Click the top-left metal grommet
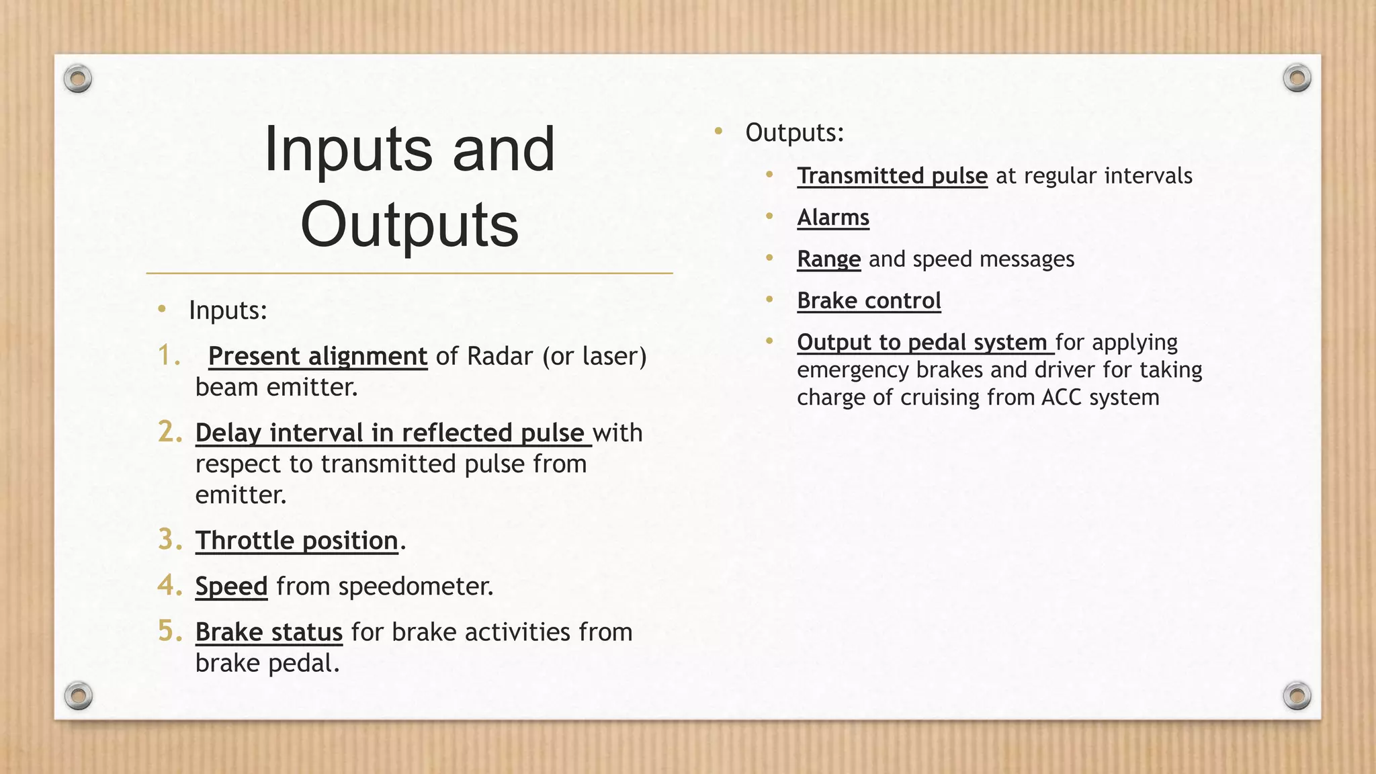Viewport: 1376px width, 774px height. (x=78, y=79)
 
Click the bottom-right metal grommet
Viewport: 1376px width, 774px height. (x=1297, y=695)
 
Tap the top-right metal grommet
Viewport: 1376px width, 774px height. (x=1297, y=78)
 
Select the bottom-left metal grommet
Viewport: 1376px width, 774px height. (x=79, y=695)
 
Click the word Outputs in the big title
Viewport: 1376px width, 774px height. (x=409, y=224)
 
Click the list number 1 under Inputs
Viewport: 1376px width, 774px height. (x=167, y=355)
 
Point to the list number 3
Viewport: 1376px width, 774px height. (x=169, y=540)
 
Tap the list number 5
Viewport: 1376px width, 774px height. (x=169, y=631)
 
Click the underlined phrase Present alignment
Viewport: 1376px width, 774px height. (x=318, y=356)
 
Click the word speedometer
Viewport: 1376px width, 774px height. (x=415, y=587)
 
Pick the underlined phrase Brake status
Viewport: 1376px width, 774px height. (x=269, y=632)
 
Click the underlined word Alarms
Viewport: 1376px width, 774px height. (x=833, y=218)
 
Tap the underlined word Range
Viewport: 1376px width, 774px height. (x=828, y=259)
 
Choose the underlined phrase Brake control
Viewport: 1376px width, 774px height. (x=869, y=301)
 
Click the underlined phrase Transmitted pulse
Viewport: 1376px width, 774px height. (x=892, y=176)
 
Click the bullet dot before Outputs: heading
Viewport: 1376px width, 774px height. (x=718, y=131)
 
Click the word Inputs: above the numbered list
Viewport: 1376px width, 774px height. (x=228, y=310)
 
